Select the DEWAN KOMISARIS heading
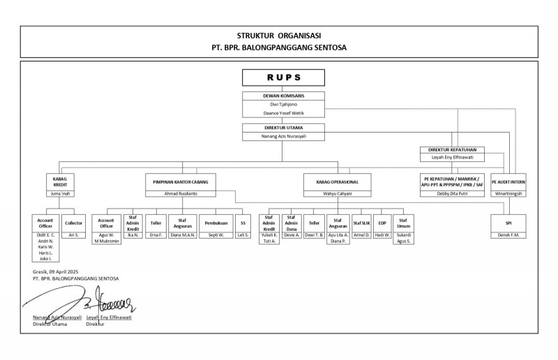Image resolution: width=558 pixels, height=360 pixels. [282, 95]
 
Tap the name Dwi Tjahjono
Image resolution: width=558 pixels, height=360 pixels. [282, 104]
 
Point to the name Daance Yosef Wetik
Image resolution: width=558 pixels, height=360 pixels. [282, 112]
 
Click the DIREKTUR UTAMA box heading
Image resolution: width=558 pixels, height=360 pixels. [282, 128]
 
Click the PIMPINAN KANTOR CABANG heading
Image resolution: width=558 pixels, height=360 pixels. [181, 181]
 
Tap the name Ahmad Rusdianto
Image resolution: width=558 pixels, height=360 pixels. [181, 193]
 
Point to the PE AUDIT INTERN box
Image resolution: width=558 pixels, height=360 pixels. [508, 181]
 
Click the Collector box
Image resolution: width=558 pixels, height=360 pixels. [73, 223]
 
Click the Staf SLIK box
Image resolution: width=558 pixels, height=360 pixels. [361, 223]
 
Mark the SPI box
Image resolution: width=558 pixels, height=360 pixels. [508, 223]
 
